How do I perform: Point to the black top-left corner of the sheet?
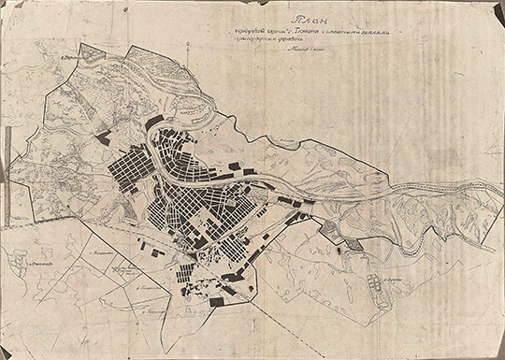click(6, 6)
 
